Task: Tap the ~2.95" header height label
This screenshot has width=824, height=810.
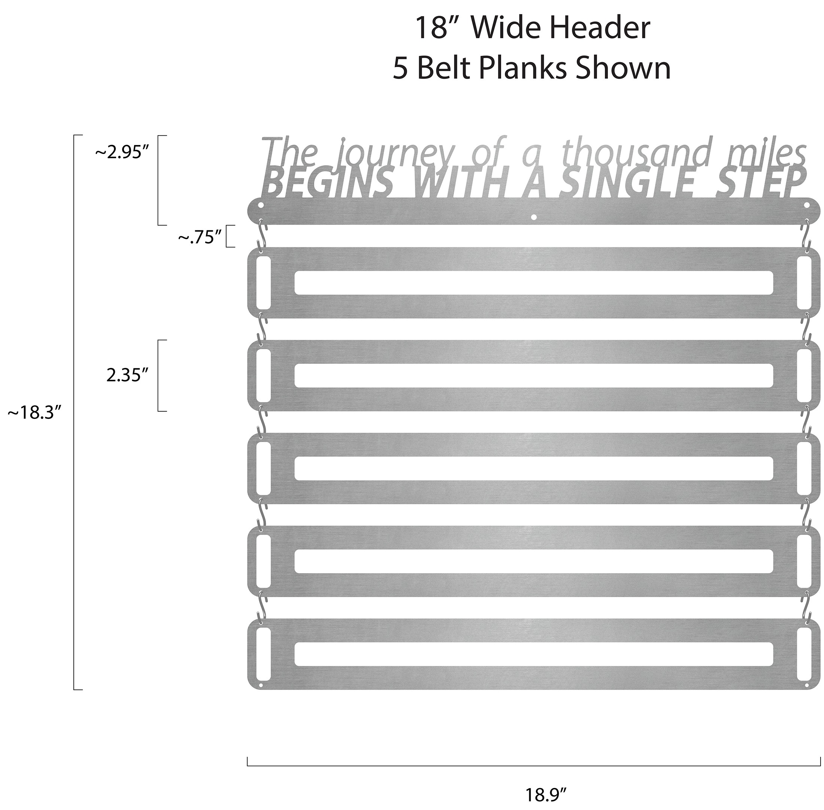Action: [123, 153]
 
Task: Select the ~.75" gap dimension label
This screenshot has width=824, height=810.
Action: [200, 238]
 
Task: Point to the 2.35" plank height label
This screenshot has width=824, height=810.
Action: [127, 376]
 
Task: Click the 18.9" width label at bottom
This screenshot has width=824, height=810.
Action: [546, 794]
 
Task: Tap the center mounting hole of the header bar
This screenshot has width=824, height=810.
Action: [534, 217]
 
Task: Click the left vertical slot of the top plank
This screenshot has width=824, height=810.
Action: [263, 283]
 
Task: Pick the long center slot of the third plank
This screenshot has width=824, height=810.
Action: [534, 468]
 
